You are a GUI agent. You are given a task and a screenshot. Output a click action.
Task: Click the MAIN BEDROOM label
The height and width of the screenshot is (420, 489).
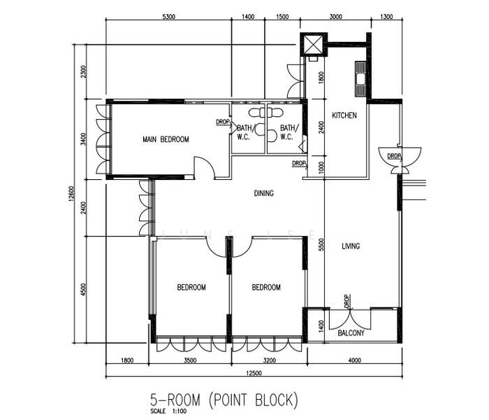[x=166, y=139]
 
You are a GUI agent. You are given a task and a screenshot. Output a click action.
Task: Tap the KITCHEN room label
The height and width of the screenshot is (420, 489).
[x=344, y=115]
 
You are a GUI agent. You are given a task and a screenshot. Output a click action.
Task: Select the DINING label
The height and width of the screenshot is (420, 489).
[x=264, y=193]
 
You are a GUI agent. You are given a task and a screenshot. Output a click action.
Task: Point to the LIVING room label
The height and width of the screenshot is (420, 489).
[x=351, y=246]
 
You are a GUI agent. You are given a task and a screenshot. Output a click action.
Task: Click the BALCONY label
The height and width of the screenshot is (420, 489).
[x=351, y=333]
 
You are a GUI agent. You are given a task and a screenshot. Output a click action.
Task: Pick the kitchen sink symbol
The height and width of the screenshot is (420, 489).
[x=360, y=78]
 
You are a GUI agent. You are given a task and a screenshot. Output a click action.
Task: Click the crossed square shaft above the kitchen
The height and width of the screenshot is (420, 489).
[x=314, y=44]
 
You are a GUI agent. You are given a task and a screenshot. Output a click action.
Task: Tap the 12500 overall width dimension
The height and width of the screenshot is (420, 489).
[x=254, y=373]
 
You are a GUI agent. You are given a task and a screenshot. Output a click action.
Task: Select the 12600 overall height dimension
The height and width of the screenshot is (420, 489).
[x=71, y=194]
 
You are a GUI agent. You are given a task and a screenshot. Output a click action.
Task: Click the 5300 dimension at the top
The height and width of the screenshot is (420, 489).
[x=169, y=17]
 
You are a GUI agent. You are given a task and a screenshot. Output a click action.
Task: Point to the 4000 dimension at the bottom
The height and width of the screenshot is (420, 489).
[x=355, y=360]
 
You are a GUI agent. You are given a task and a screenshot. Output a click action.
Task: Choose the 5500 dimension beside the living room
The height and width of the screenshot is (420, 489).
[x=321, y=244]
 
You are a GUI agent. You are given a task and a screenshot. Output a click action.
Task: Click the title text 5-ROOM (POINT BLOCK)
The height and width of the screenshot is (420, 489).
[x=224, y=400]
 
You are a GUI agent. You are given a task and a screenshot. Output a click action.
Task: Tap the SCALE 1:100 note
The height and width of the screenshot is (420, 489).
[x=168, y=412]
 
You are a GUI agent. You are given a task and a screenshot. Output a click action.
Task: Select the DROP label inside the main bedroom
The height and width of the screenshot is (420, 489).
[x=223, y=122]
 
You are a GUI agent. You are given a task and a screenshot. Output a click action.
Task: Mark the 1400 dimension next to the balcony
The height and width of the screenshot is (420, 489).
[x=321, y=326]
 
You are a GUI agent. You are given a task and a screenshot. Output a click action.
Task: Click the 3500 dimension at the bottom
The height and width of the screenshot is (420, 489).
[x=190, y=360]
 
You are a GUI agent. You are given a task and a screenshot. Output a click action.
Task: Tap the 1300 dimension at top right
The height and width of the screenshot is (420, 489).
[x=386, y=17]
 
